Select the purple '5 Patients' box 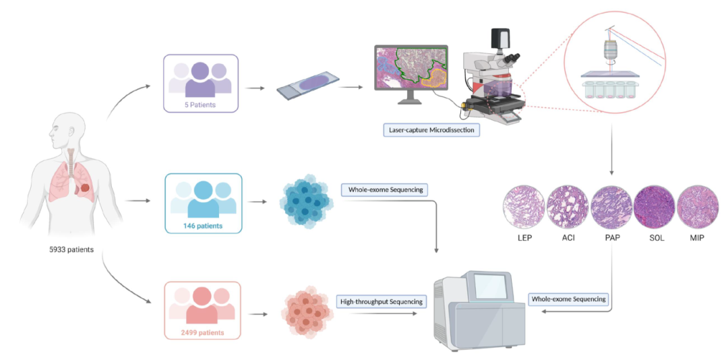pyautogui.click(x=200, y=83)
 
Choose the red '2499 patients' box pyautogui.click(x=202, y=309)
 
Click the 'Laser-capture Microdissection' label pyautogui.click(x=431, y=129)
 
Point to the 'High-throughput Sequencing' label pyautogui.click(x=382, y=301)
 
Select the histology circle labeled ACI pyautogui.click(x=568, y=207)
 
